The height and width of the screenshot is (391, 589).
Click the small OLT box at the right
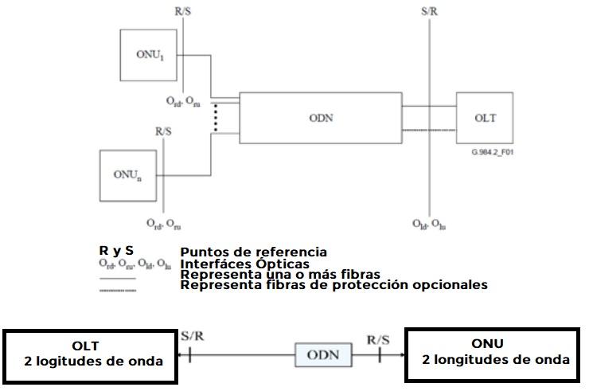[486, 117]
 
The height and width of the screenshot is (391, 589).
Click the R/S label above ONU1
[184, 13]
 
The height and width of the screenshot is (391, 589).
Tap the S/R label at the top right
[431, 13]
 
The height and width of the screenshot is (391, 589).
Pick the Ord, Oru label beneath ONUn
[163, 224]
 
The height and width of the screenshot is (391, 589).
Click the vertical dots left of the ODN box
[216, 117]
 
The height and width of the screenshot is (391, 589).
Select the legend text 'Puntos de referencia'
[253, 252]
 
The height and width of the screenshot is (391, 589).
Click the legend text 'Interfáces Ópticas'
[245, 264]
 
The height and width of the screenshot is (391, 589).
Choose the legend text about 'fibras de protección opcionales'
[334, 284]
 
